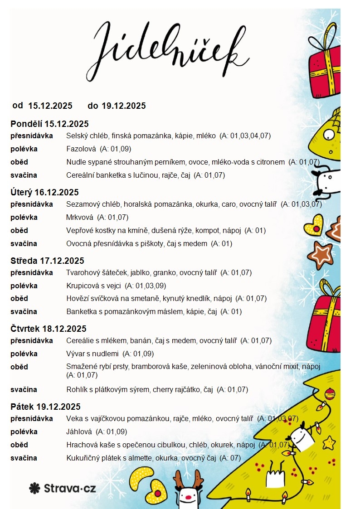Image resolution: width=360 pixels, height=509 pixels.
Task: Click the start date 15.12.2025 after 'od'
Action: [50, 106]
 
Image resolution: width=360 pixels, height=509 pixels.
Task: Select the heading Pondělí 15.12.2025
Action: [49, 124]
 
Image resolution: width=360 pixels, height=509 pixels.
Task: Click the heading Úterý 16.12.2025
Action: [44, 192]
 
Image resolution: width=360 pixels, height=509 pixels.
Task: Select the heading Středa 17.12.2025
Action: [47, 261]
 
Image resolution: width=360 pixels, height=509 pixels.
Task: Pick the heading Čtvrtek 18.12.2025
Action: [49, 329]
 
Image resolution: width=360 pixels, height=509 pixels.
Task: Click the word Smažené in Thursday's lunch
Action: [81, 367]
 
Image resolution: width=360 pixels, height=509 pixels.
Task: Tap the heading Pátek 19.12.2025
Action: [45, 407]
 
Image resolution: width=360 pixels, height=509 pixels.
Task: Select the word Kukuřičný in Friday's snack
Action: [83, 458]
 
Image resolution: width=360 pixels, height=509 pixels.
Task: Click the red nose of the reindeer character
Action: [188, 497]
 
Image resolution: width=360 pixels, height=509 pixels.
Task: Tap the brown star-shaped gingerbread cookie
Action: [322, 254]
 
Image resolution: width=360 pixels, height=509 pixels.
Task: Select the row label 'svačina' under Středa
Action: [24, 311]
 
